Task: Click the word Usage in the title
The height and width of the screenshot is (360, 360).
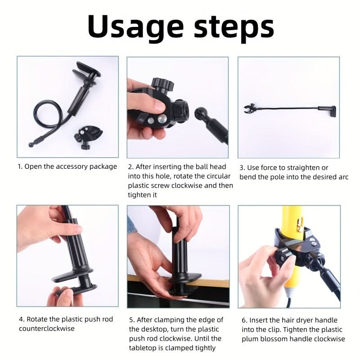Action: [x=135, y=27]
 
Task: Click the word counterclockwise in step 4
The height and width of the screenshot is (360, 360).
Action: [x=47, y=328]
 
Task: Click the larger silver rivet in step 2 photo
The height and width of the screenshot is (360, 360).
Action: [x=162, y=118]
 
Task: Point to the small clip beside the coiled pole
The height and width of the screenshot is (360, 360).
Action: [x=88, y=137]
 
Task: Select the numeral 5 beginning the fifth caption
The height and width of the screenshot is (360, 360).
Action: [x=131, y=320]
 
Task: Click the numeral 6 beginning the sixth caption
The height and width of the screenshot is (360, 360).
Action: [x=244, y=320]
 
